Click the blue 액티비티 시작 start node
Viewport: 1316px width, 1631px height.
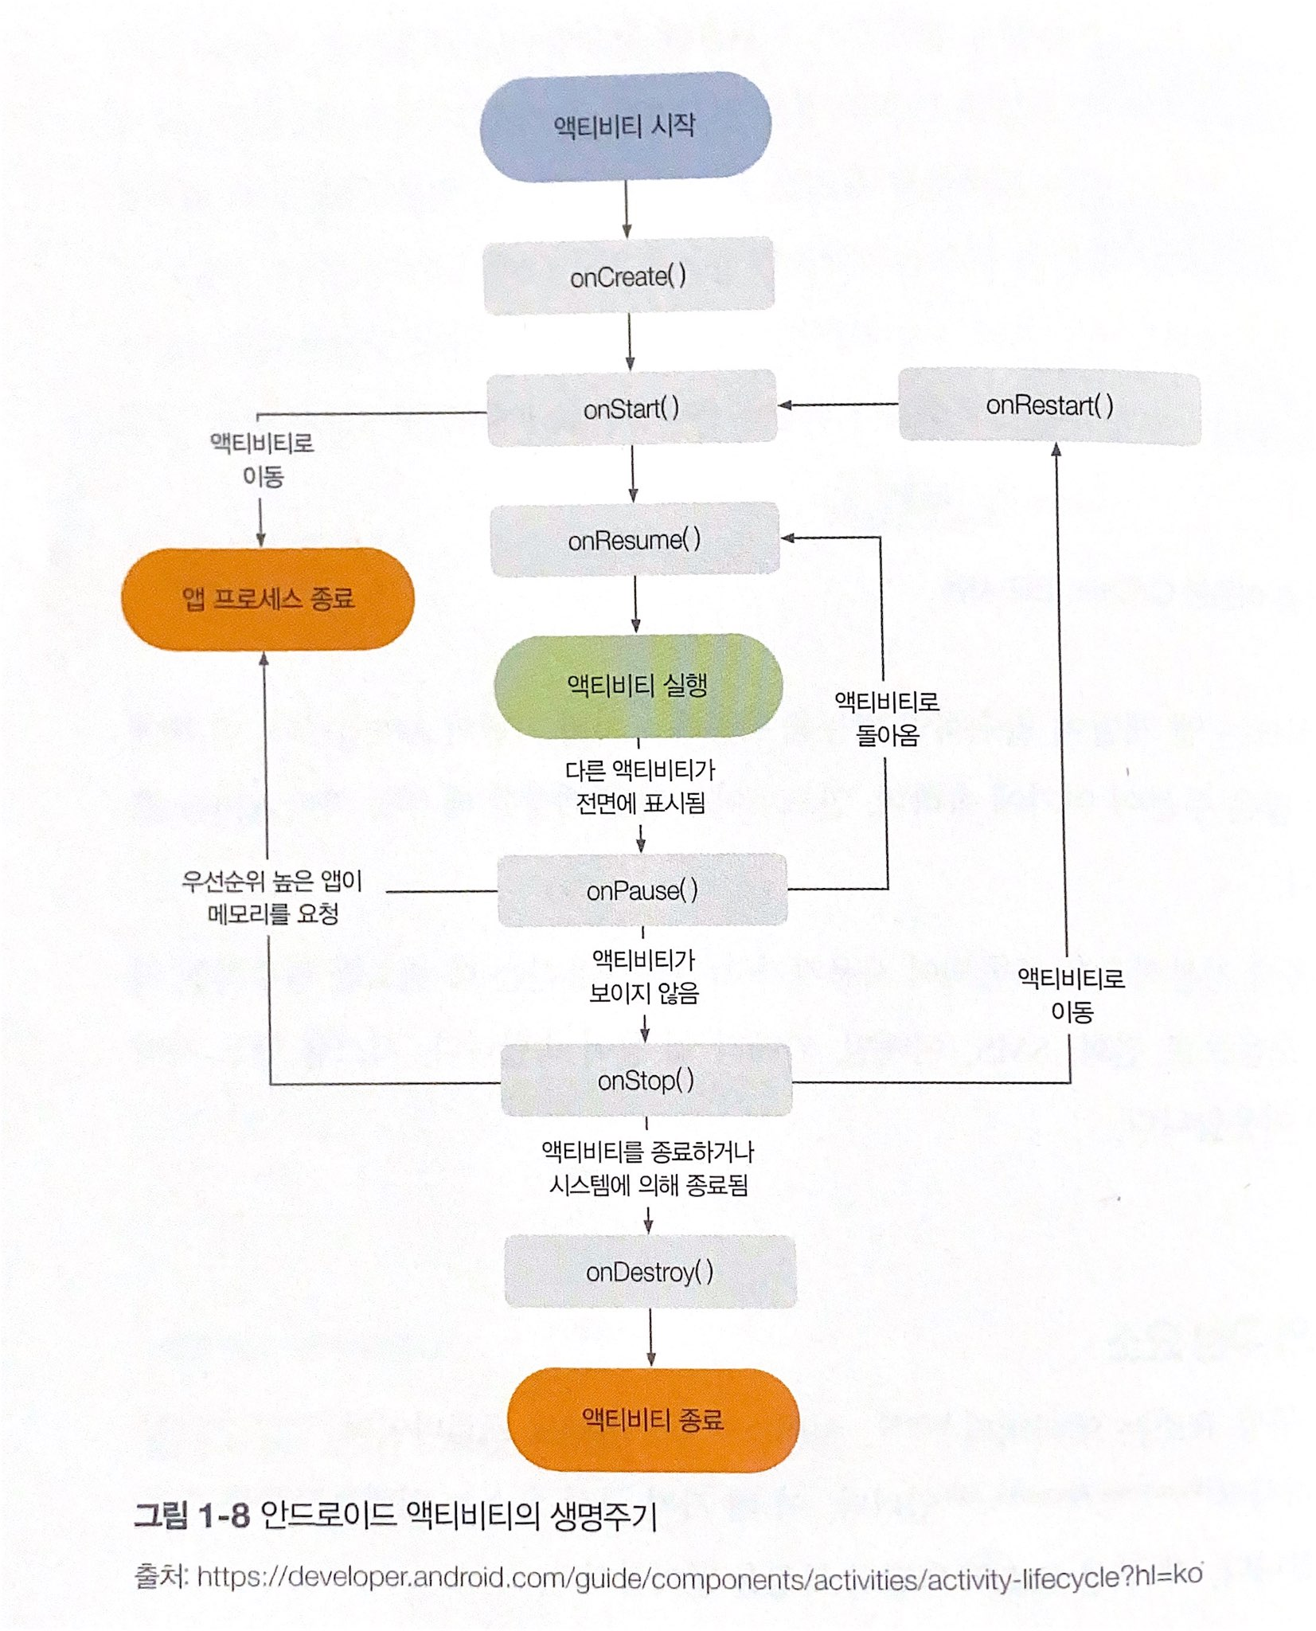tap(625, 127)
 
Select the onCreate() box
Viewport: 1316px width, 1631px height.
tap(628, 276)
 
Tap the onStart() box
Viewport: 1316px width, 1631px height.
tap(631, 408)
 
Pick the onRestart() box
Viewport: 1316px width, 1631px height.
tap(1049, 405)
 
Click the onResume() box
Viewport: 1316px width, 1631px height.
tap(635, 539)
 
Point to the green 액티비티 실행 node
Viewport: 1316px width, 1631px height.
tap(638, 684)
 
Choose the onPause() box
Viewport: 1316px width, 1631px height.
tap(642, 890)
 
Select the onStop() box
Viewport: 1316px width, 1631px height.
tap(646, 1080)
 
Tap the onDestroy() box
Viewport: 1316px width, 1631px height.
tap(650, 1272)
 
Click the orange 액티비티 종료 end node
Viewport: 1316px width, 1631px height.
tap(653, 1419)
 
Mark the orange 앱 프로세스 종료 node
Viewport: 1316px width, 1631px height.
tap(267, 598)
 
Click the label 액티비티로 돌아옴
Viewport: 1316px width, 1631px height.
tap(887, 718)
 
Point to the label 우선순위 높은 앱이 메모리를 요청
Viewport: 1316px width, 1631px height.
tap(272, 897)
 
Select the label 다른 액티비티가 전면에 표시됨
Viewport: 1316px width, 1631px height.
tap(640, 786)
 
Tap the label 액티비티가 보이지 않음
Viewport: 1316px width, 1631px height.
tap(643, 976)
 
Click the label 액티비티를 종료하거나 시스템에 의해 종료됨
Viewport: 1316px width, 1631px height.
tap(647, 1168)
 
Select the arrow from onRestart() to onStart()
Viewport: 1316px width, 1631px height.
tap(838, 405)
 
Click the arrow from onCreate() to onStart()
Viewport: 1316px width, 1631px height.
tap(630, 341)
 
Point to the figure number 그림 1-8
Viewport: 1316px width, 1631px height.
tap(192, 1514)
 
